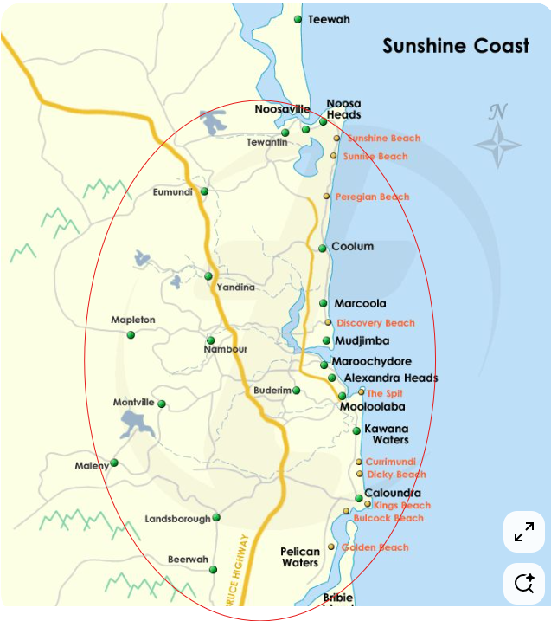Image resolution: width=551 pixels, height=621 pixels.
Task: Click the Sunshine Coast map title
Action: pos(456,46)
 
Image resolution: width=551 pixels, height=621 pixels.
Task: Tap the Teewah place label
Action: pos(329,19)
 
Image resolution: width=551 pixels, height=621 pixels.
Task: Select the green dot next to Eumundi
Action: pos(204,191)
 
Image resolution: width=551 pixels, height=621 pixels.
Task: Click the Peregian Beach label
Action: pos(372,197)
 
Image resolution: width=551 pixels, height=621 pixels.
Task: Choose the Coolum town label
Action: pos(353,247)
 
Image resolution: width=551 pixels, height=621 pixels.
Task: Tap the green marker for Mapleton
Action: pos(131,334)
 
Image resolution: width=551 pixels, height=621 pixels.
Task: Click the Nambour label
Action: pos(225,349)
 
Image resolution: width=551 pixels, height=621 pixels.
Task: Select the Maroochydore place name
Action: pos(373,361)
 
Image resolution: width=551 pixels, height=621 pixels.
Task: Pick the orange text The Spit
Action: pos(385,393)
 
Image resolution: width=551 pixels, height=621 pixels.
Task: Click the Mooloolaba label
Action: pos(372,406)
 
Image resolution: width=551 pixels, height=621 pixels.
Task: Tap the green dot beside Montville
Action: pos(161,404)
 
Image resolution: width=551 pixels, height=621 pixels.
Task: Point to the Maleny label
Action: pos(92,466)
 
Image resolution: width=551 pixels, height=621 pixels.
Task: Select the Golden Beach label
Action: pos(375,547)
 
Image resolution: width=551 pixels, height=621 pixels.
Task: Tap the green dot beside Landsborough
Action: pos(216,518)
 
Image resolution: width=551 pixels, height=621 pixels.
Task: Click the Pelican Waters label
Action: pos(300,557)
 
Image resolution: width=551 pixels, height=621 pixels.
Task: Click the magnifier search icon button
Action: pos(523,583)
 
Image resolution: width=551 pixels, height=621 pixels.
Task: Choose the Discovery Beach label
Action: pos(375,323)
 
